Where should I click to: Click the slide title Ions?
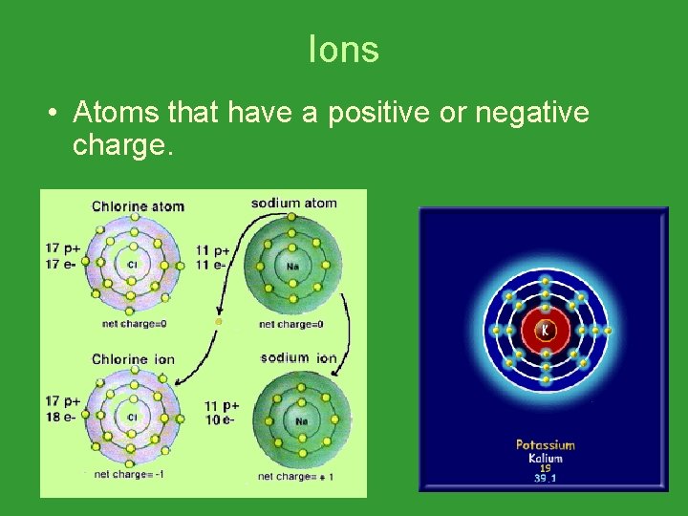[344, 50]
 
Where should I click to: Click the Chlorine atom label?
[138, 206]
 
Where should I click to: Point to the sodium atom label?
[293, 204]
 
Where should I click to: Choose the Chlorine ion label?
[133, 359]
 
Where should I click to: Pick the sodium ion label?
[298, 358]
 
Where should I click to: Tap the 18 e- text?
[61, 415]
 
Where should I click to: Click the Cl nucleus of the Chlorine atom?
[132, 264]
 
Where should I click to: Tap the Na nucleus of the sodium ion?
[302, 420]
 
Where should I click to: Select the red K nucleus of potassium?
[545, 331]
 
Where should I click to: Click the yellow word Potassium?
[546, 444]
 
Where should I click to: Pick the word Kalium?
[546, 459]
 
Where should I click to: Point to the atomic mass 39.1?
[546, 479]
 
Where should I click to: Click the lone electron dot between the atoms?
[218, 322]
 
